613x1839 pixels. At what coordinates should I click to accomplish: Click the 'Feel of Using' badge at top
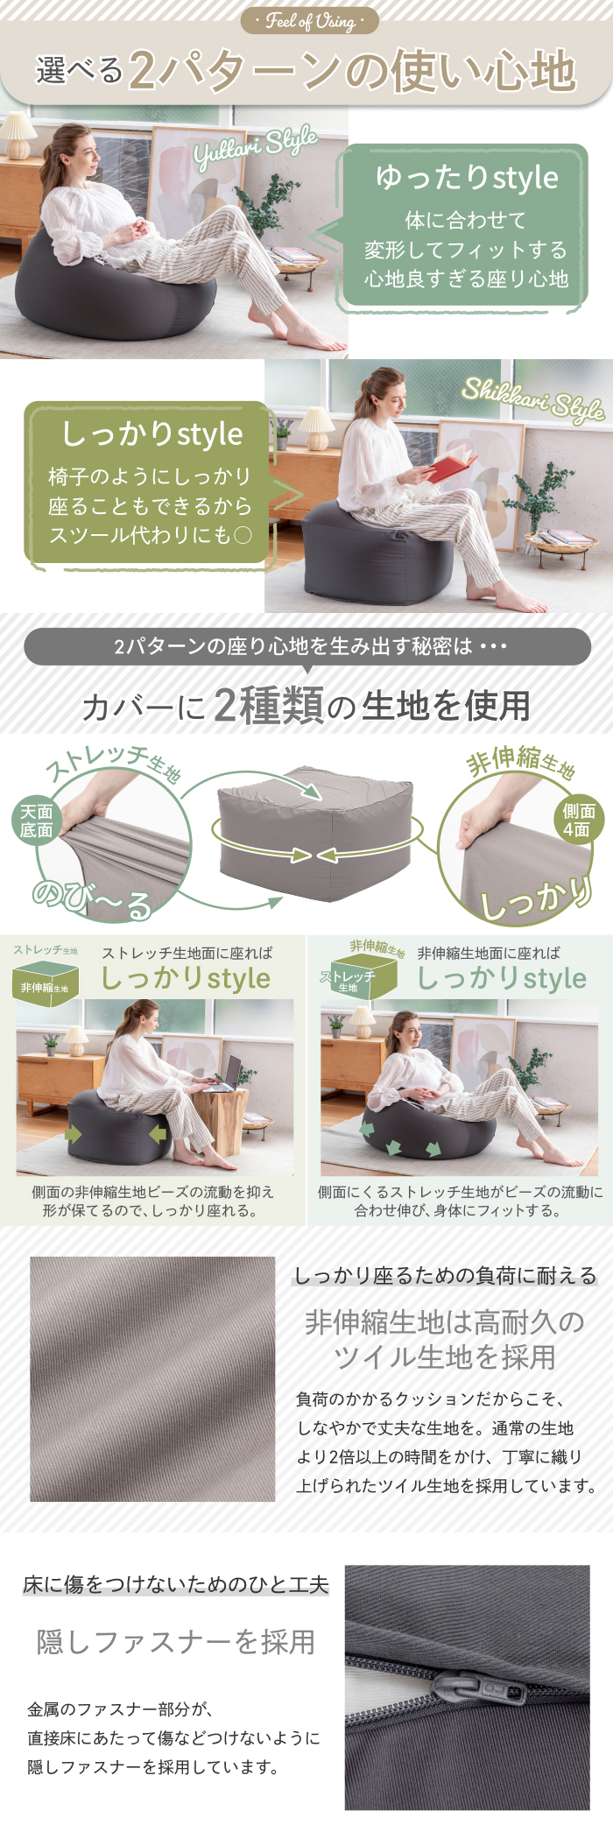(310, 20)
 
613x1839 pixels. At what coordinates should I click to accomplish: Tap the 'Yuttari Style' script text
(255, 146)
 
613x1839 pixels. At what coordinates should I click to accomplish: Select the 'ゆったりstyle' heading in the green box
(467, 178)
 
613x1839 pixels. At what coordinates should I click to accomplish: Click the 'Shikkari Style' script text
(533, 399)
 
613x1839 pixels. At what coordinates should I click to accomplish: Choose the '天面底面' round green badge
(37, 821)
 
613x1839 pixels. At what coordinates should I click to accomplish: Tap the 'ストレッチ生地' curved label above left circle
(114, 762)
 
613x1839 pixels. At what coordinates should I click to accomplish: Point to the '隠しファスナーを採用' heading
(176, 1641)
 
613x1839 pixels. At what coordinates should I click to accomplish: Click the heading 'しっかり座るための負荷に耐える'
(445, 1275)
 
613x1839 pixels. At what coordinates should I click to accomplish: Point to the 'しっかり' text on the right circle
(536, 897)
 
